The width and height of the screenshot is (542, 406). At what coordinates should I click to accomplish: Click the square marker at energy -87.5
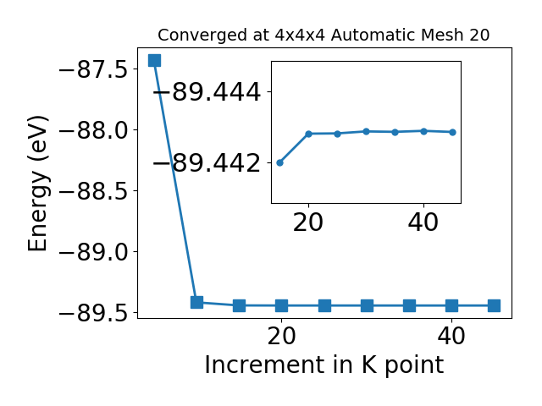click(x=154, y=60)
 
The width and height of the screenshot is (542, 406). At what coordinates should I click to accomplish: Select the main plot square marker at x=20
click(x=282, y=305)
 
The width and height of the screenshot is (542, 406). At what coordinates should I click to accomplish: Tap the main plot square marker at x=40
click(x=451, y=305)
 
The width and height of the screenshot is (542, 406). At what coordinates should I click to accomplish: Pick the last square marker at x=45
click(x=495, y=305)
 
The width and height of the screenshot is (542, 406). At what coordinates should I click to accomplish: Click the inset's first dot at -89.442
click(x=280, y=162)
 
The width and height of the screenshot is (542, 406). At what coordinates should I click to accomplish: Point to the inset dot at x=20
click(x=308, y=134)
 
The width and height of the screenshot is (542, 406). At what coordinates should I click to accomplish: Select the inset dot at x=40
click(x=423, y=131)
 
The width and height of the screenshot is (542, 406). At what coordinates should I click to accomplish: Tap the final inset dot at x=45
click(x=452, y=132)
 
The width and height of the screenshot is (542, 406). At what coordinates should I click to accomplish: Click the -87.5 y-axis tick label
click(x=93, y=70)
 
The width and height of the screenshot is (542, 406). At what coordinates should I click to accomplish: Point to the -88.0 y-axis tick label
click(x=93, y=131)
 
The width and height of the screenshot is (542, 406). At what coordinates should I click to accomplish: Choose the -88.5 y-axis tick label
click(x=93, y=192)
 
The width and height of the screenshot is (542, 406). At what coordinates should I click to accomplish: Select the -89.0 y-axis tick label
click(x=93, y=252)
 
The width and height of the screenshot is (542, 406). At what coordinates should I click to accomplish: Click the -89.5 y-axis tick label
click(x=93, y=314)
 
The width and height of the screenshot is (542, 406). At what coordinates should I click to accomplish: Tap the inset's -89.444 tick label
click(x=207, y=92)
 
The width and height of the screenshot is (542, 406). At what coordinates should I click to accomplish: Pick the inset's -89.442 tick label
click(x=207, y=163)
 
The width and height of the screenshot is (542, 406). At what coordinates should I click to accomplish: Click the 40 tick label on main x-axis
click(x=451, y=336)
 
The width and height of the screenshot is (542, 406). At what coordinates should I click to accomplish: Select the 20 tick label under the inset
click(x=308, y=222)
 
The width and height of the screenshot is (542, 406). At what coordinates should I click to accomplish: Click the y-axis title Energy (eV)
click(x=37, y=184)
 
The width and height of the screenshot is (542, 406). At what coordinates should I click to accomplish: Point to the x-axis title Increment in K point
click(x=324, y=365)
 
